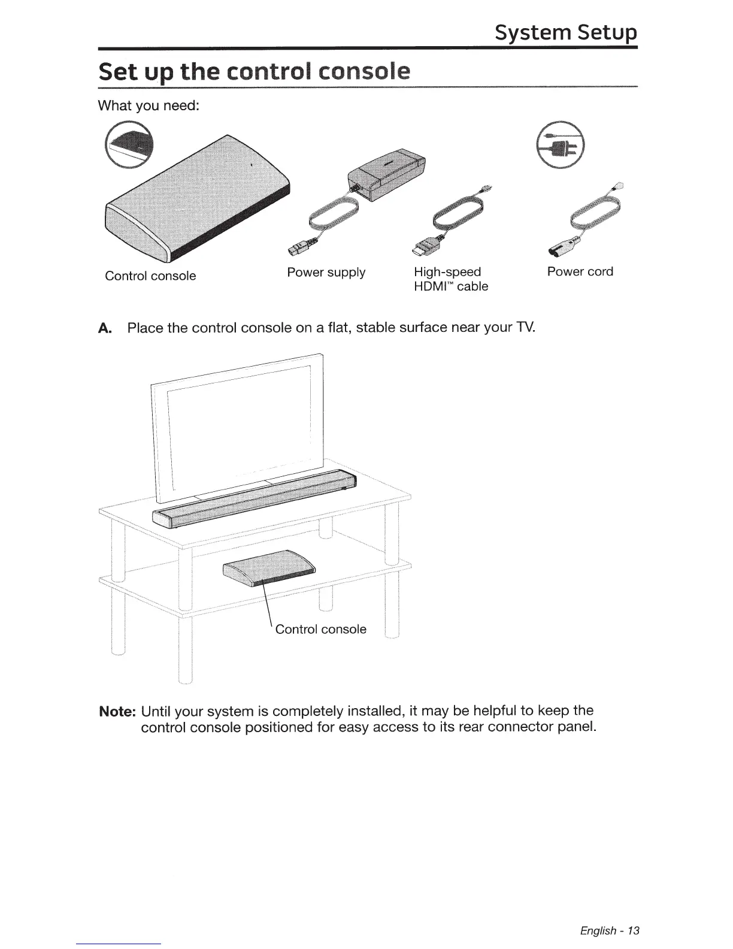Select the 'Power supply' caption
coord(326,273)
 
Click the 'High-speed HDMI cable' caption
coord(451,279)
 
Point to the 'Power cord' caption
coord(580,271)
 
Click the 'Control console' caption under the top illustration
coord(150,276)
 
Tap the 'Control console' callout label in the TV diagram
coord(320,629)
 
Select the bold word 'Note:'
coord(118,712)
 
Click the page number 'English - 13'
coord(610,930)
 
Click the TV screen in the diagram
coord(240,425)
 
